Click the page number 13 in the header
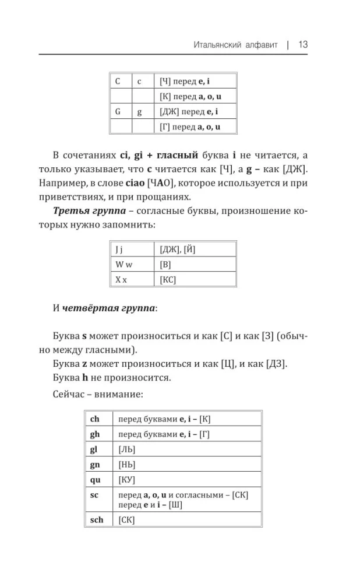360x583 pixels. pos(302,44)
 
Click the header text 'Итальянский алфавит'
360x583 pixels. pos(235,45)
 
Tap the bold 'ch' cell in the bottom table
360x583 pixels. pos(96,419)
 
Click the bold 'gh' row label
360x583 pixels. pos(96,434)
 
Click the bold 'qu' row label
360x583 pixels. pos(96,480)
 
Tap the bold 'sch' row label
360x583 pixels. pos(97,519)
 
